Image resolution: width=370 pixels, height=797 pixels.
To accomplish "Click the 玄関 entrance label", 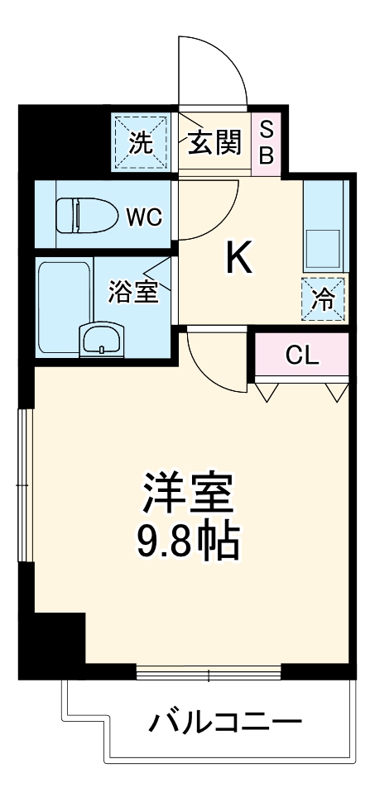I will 213,143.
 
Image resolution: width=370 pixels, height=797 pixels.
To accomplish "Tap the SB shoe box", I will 267,141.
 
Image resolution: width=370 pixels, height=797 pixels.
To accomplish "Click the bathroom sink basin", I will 101,339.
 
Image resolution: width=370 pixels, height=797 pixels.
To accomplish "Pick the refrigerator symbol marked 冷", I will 324,298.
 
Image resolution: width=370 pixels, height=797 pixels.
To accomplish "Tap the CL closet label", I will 301,356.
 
